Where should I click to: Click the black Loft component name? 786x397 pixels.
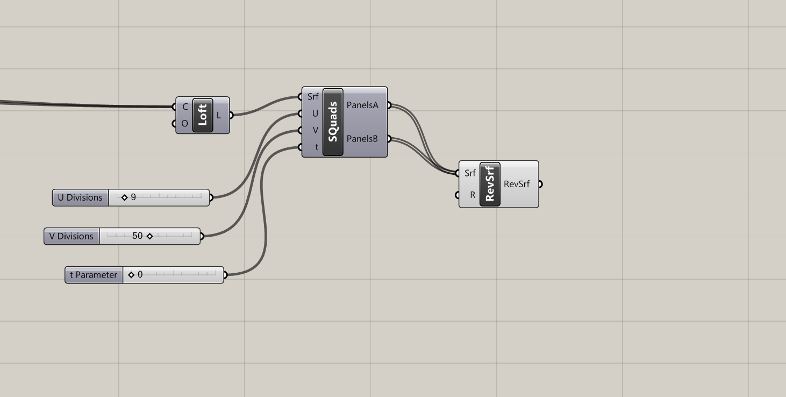(x=203, y=115)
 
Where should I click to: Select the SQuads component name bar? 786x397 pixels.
(x=333, y=122)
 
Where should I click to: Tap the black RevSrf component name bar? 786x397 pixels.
(x=490, y=185)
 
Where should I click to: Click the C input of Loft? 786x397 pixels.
(x=185, y=107)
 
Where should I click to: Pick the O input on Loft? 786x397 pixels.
(x=184, y=124)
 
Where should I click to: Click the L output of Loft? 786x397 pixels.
(x=219, y=115)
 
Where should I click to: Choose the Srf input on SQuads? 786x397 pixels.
(x=313, y=96)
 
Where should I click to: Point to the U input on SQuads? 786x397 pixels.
(x=315, y=114)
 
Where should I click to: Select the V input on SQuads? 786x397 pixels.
(x=315, y=130)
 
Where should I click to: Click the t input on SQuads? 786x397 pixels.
(x=317, y=147)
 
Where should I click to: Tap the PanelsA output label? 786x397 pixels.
(x=362, y=105)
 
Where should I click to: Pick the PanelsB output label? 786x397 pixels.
(x=362, y=139)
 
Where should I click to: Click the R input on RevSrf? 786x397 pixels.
(x=473, y=195)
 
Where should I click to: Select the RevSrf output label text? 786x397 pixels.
(x=517, y=184)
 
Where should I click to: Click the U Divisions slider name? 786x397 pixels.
(x=80, y=197)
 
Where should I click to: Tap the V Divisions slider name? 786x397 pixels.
(x=71, y=236)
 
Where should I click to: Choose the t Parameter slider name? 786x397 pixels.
(x=94, y=275)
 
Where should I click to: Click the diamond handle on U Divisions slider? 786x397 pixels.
(x=124, y=197)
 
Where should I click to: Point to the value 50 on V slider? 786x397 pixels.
(x=137, y=236)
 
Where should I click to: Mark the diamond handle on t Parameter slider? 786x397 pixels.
(x=131, y=275)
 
